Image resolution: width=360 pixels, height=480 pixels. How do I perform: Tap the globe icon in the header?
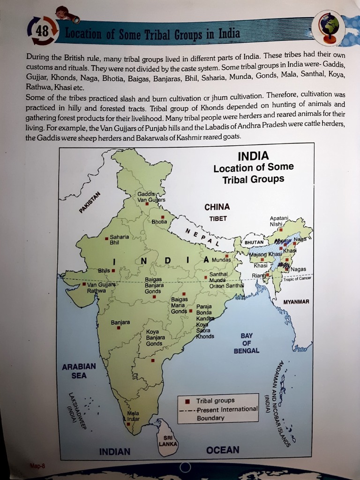coord(330,27)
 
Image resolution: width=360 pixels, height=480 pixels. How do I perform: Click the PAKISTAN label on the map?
coord(90,202)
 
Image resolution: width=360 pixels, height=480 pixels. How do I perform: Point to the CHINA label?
coord(217,207)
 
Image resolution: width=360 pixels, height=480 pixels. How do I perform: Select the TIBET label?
coord(218,218)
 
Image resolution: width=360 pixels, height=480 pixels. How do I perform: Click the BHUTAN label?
coord(254,242)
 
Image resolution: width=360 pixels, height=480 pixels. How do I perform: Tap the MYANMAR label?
coord(296,301)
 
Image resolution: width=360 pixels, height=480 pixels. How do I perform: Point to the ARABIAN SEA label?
coord(79,370)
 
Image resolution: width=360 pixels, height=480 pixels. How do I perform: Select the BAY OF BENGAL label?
coord(247,343)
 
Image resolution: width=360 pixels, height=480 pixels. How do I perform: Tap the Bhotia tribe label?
coord(159,221)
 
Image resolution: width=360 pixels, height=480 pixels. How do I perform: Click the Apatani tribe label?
coord(279,218)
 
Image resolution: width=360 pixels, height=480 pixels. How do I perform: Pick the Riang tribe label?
coord(258,275)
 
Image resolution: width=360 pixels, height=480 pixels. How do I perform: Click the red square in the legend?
coord(187,401)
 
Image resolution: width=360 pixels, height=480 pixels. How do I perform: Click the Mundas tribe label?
coord(221,259)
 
